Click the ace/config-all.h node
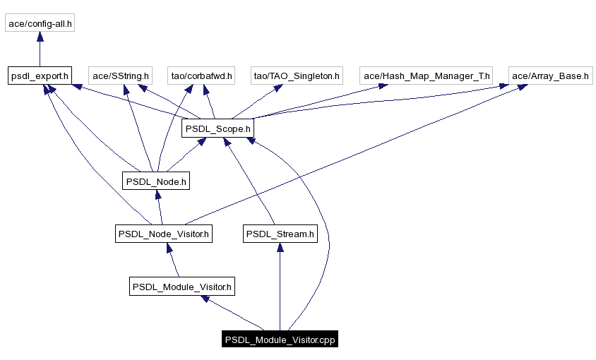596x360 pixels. click(40, 24)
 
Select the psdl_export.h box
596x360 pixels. click(40, 76)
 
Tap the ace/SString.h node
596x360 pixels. click(120, 76)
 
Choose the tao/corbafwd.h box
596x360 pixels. click(201, 76)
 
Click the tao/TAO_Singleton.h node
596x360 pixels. click(297, 76)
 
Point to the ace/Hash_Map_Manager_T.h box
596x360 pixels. click(425, 76)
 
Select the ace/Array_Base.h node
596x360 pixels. click(550, 76)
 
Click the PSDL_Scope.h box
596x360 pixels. click(217, 128)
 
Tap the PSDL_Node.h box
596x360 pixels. click(156, 181)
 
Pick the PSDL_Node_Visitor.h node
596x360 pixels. click(164, 234)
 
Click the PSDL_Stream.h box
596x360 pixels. click(280, 234)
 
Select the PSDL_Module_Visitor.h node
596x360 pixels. click(182, 287)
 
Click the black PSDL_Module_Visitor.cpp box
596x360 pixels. click(280, 340)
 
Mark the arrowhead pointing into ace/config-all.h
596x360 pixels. click(40, 37)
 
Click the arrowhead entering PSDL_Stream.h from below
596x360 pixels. click(280, 247)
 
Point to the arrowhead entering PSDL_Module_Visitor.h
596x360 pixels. click(205, 299)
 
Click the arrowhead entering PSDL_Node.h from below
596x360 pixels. click(157, 194)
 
